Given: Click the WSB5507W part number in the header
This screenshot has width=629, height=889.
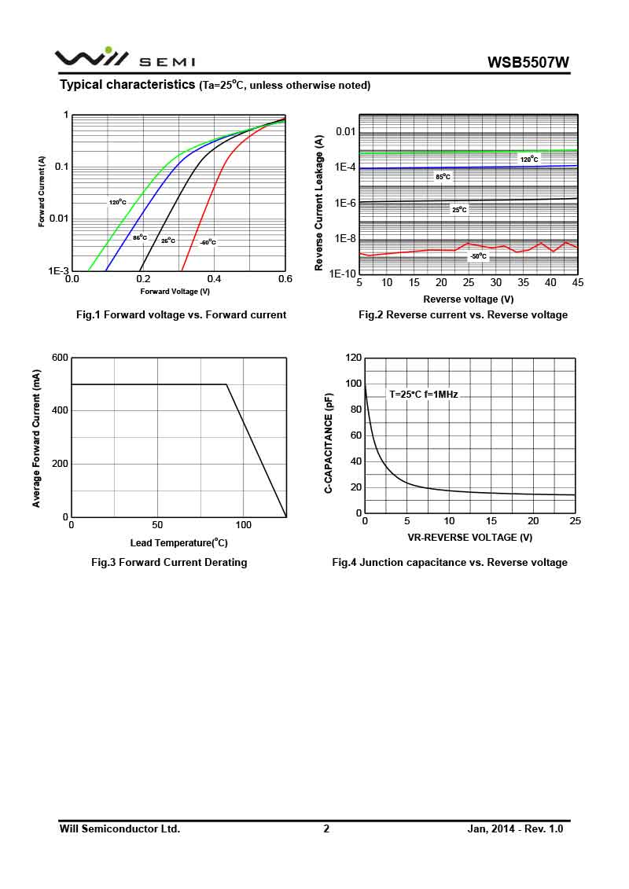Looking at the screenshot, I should coord(528,62).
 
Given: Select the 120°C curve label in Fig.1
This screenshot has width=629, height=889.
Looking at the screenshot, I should coord(117,203).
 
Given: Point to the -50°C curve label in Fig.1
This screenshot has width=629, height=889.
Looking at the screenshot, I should coord(208,242).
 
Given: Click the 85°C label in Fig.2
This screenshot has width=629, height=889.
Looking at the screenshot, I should coord(443,177).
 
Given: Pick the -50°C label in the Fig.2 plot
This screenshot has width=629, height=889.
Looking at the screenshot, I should coord(478,256).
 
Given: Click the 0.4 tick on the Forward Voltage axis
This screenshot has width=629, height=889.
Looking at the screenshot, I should coord(214,278).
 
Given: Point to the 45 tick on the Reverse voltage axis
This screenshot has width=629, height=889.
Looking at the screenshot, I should coord(578,283).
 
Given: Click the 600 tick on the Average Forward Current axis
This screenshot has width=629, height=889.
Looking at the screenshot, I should coord(60,358).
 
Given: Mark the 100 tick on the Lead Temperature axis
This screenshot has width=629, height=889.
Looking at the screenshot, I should coord(244,525).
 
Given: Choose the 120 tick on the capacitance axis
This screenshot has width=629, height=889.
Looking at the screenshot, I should coord(353,358).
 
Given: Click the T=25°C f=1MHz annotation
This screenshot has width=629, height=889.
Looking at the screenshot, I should coord(423,395).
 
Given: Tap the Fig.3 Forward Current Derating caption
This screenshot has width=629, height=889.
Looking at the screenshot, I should coord(169,562).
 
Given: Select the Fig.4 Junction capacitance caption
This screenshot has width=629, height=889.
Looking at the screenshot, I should coord(449,562).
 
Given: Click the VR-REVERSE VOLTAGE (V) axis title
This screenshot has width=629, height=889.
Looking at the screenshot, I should coord(469,538).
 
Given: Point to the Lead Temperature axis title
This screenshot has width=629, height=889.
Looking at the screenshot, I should coord(178,542).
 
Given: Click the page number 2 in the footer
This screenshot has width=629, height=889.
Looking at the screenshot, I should coord(326,828).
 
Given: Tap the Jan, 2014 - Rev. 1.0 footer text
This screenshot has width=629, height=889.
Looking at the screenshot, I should coord(515,828).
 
